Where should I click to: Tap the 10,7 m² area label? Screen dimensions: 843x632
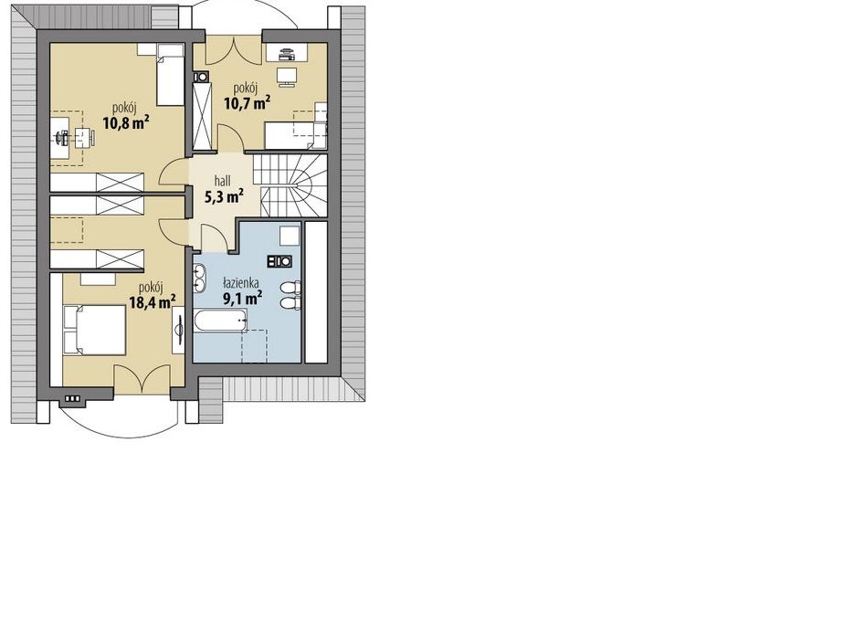tap(247, 101)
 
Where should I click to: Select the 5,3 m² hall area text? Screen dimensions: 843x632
tap(224, 196)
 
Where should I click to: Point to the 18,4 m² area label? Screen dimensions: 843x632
tap(153, 301)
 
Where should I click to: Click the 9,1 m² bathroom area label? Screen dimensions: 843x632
tap(243, 297)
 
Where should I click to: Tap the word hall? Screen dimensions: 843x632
tap(223, 181)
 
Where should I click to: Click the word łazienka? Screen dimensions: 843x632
tap(242, 282)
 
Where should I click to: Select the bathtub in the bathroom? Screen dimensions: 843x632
tap(220, 321)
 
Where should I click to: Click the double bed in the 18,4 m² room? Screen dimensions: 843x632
tap(95, 330)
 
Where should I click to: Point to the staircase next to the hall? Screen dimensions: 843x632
tap(290, 185)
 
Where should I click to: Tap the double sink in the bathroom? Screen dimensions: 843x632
tap(200, 278)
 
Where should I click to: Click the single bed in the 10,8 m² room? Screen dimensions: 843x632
tap(171, 75)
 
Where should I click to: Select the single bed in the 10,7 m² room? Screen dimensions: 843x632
tap(296, 135)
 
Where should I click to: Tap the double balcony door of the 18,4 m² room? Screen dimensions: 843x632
tap(142, 379)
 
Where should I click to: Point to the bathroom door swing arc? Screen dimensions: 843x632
tap(216, 236)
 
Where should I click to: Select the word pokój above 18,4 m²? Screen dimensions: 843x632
tap(151, 288)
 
